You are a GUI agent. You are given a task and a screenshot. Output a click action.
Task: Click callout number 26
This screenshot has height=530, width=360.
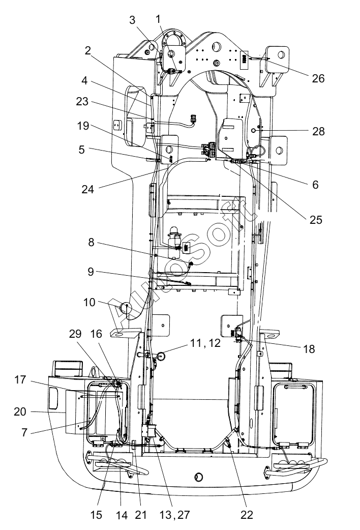pos(318,78)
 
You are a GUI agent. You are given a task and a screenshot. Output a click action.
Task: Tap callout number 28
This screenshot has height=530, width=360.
pos(318,131)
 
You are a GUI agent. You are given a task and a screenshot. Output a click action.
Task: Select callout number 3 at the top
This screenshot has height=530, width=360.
pos(132,20)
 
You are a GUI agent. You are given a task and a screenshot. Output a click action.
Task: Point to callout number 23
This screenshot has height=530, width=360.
pos(82,101)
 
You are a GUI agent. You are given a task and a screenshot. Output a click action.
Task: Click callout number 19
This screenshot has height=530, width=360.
pos(83,126)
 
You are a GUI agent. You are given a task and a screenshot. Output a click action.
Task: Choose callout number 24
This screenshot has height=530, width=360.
pos(87,189)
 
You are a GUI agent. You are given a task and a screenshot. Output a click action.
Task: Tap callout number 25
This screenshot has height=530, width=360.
pos(316,220)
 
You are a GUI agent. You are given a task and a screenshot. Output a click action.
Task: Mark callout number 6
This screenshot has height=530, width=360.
pos(315,185)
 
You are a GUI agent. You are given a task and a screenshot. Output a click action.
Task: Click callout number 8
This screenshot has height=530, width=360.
pos(91,242)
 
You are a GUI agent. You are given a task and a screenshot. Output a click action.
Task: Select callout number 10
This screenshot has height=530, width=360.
pos(89,302)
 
